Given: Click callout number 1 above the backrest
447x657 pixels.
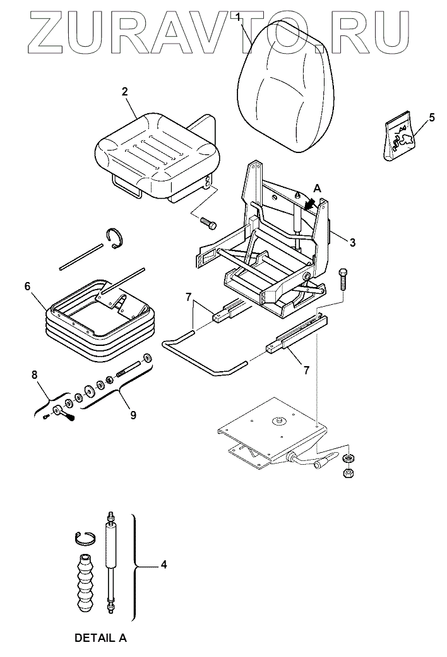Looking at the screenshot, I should click(x=238, y=15).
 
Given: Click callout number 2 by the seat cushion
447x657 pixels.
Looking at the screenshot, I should click(x=125, y=92).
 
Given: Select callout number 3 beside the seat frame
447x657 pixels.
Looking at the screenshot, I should click(x=352, y=242).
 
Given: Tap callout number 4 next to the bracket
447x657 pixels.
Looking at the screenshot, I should click(x=164, y=564).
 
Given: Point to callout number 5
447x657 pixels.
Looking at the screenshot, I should click(x=432, y=117).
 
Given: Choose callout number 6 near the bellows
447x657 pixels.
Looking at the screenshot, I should click(x=28, y=286).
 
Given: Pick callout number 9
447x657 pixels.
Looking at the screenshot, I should click(x=133, y=415).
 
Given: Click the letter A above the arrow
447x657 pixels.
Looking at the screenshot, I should click(x=317, y=188).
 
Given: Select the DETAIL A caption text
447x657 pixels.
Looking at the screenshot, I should click(x=101, y=638).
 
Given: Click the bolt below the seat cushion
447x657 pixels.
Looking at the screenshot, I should click(x=206, y=222).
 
